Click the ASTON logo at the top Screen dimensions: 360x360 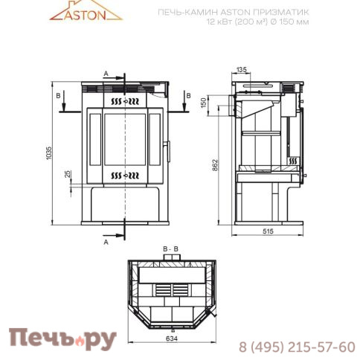tap(86, 11)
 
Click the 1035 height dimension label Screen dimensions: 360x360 tap(49, 153)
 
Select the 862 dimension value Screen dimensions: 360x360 tap(215, 165)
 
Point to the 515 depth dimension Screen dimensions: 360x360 tap(268, 231)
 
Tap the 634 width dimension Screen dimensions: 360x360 tap(172, 338)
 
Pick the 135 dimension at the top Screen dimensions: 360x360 tap(242, 70)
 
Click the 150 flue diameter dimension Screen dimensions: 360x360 tap(203, 103)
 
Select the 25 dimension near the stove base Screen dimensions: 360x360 tap(68, 174)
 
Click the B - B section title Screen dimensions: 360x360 tap(170, 248)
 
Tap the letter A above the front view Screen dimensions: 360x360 tap(106, 74)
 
